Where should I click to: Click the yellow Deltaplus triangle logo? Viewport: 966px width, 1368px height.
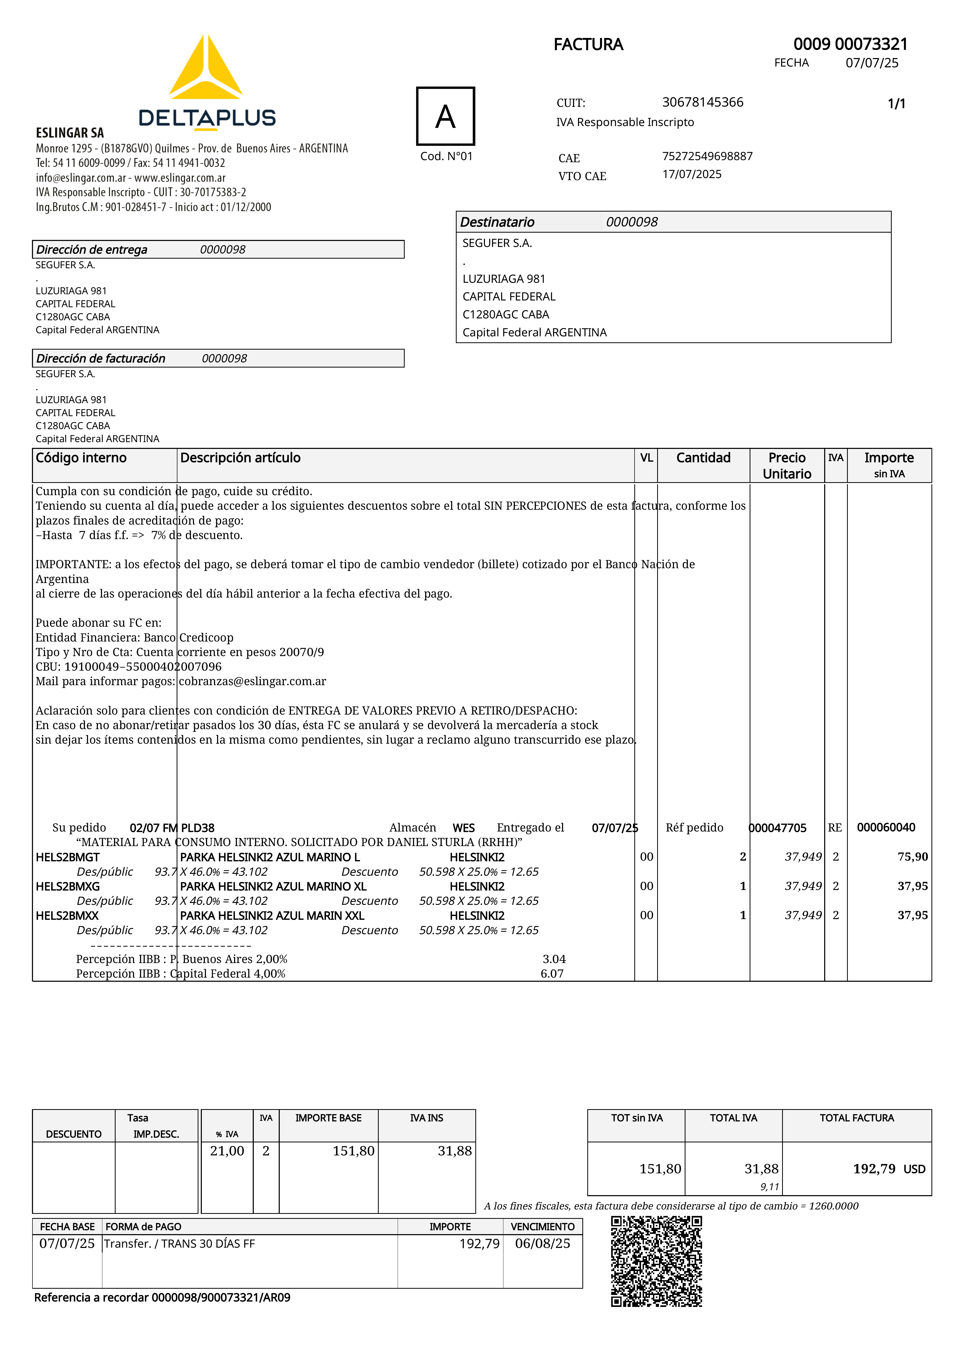[205, 69]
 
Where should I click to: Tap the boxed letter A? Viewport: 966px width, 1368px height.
[445, 116]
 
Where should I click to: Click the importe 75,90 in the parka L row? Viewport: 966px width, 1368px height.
[912, 857]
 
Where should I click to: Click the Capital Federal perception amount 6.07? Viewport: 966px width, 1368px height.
[552, 974]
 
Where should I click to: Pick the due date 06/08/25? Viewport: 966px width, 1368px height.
[543, 1243]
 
